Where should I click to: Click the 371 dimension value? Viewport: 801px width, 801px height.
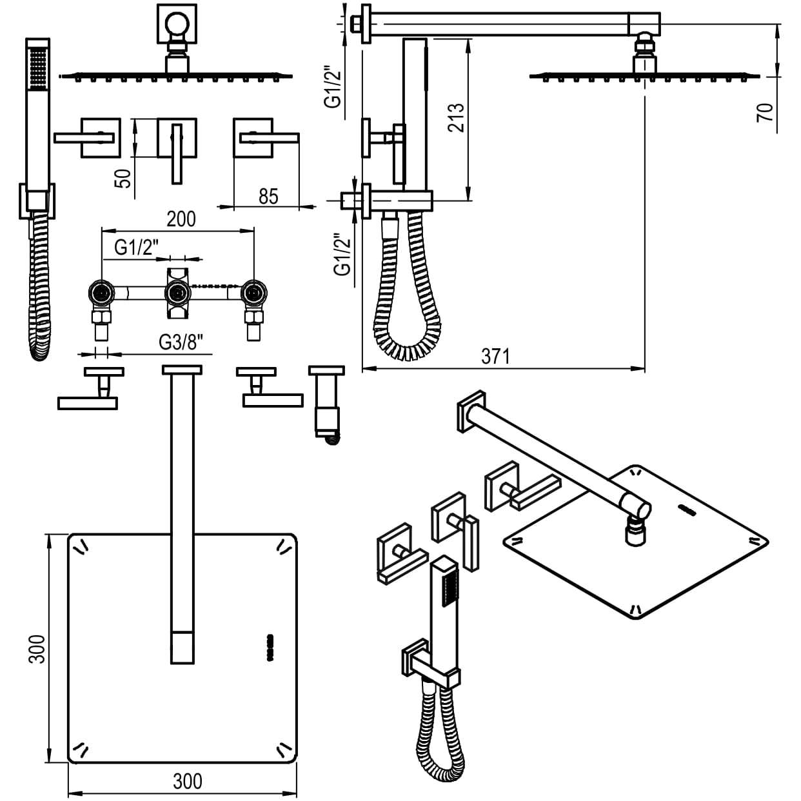[x=495, y=356]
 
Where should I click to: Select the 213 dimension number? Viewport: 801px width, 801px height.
[x=455, y=117]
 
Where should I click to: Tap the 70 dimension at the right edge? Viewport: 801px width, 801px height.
[x=766, y=112]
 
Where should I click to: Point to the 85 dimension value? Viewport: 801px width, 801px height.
[x=268, y=195]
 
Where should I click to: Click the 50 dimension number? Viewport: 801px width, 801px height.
[x=123, y=177]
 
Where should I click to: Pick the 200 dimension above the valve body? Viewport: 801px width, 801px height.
[x=181, y=219]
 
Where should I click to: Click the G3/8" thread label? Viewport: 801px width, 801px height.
[x=185, y=342]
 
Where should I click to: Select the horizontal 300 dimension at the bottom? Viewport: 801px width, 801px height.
[x=188, y=781]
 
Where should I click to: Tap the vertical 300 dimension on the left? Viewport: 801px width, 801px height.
[x=37, y=648]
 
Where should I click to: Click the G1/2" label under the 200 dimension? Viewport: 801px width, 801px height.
[x=135, y=247]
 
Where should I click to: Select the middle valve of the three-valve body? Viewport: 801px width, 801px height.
[x=177, y=294]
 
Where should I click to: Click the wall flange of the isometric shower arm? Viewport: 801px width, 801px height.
[x=471, y=411]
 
